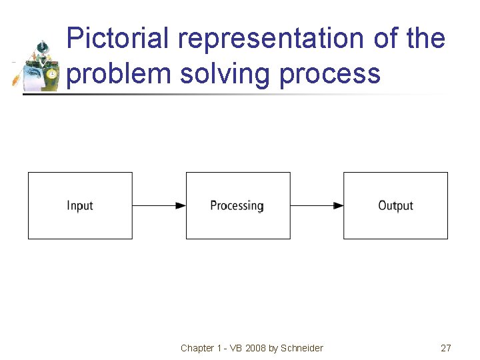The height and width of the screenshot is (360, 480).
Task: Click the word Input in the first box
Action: [x=80, y=206]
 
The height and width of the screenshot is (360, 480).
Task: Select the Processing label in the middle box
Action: [x=237, y=206]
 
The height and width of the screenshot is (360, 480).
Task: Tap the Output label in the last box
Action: [x=395, y=206]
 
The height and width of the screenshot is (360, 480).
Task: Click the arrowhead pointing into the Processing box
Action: [x=181, y=206]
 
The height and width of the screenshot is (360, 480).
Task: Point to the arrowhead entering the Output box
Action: [x=339, y=206]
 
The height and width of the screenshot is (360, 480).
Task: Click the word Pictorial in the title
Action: [x=119, y=39]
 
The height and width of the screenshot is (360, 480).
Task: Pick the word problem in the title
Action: [x=119, y=73]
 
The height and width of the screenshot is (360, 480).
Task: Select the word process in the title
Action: [x=330, y=73]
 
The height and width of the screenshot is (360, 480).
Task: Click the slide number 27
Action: [x=446, y=348]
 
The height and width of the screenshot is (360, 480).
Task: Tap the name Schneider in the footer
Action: [x=302, y=348]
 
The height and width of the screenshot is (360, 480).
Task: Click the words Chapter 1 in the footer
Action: [x=197, y=348]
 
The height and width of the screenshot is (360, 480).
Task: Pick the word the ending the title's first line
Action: [x=425, y=39]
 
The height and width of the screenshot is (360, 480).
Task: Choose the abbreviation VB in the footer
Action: [x=233, y=348]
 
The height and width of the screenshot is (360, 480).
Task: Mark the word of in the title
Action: [x=385, y=39]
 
